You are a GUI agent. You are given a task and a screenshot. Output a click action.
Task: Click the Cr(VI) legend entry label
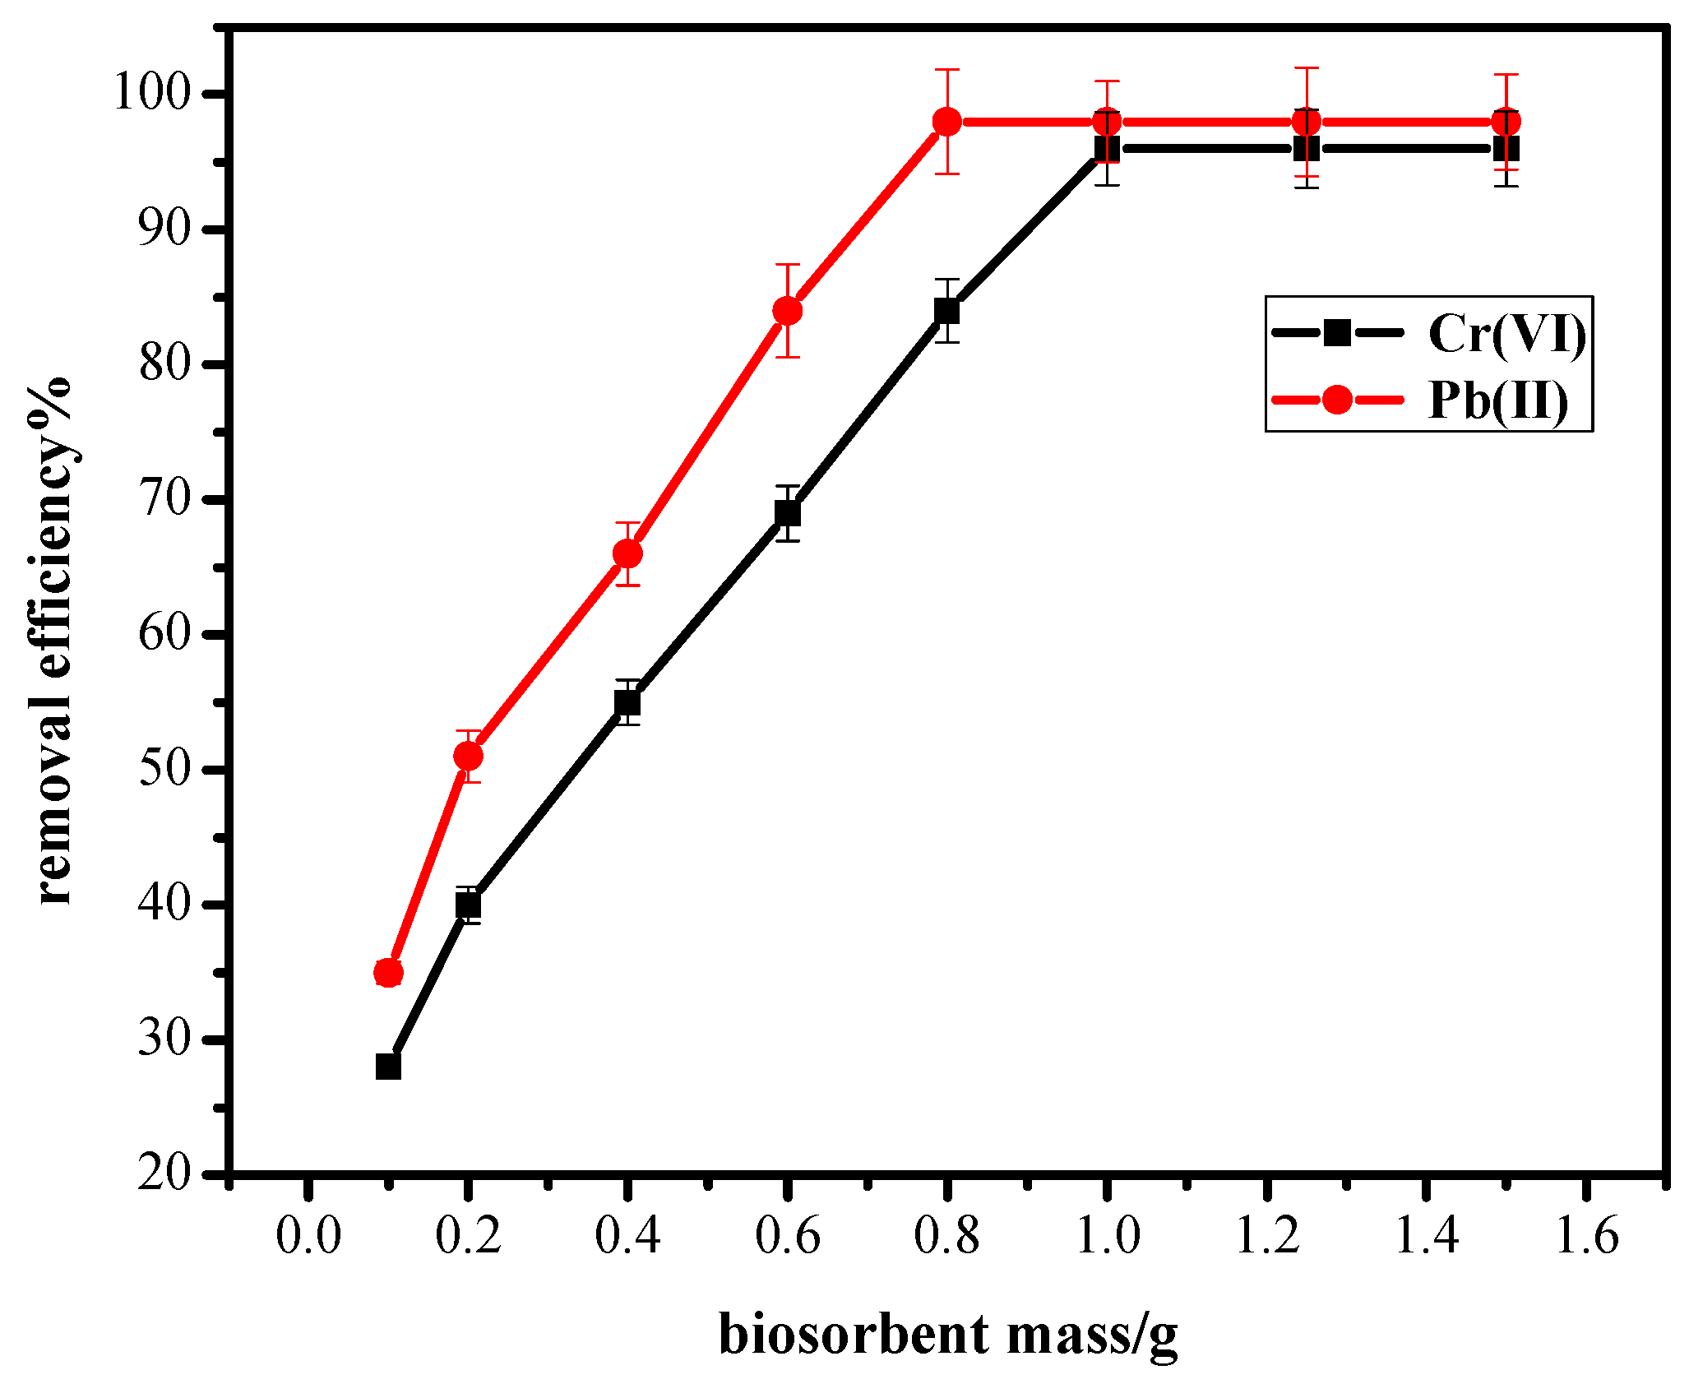click(1506, 334)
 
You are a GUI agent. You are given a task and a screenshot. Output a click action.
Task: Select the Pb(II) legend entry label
click(1498, 401)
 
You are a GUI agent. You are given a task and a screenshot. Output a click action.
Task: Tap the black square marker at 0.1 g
click(388, 1067)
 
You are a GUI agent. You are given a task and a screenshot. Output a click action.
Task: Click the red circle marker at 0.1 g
click(388, 973)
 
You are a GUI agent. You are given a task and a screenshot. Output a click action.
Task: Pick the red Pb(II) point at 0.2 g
click(468, 756)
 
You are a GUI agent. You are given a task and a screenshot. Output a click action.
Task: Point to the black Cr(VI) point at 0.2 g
click(468, 905)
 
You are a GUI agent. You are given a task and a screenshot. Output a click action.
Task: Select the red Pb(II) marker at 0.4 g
click(627, 553)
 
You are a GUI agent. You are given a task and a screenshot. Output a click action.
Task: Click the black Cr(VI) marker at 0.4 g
click(627, 702)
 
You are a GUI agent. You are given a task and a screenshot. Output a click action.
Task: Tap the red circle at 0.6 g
click(787, 311)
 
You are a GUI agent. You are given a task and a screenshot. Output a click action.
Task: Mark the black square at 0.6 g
click(787, 513)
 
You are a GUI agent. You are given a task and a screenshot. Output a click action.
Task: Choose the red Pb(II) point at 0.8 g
click(947, 122)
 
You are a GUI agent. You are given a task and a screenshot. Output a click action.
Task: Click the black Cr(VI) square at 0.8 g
click(947, 311)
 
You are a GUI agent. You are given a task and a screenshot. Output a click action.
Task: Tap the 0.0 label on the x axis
click(308, 1235)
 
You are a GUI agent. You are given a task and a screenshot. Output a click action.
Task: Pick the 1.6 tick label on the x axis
click(1586, 1235)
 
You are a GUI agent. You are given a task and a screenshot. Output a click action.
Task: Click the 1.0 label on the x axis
click(1107, 1235)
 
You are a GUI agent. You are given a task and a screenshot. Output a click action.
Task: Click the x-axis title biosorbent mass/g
click(947, 1335)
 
